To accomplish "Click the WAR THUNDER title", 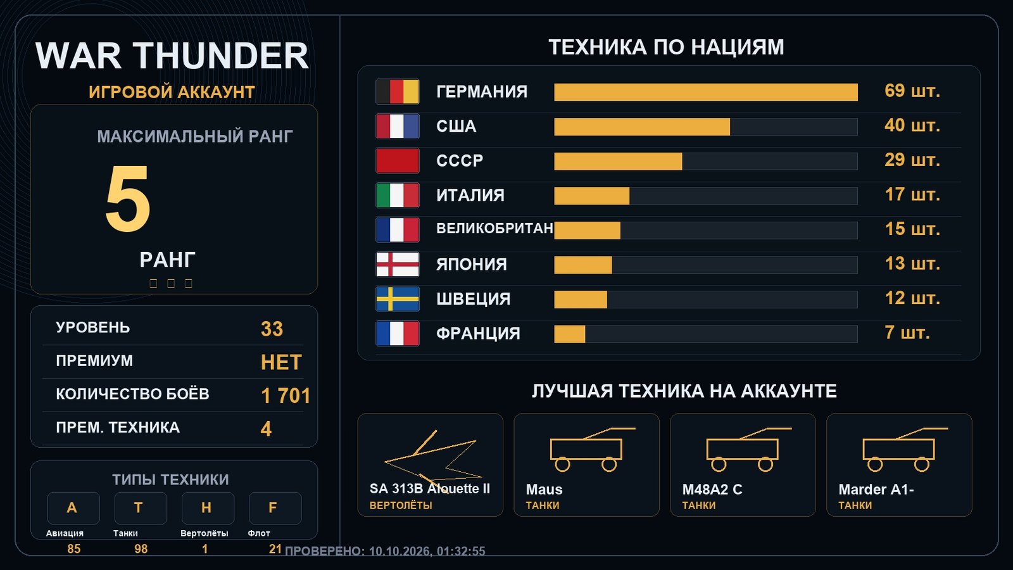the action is (x=172, y=56).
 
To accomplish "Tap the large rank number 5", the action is (x=127, y=198).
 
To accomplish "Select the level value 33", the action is (x=272, y=329).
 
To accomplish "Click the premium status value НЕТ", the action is (x=281, y=362).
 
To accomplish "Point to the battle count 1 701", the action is (x=286, y=395).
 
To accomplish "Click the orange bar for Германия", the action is (x=706, y=92).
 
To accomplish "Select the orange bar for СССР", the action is (x=618, y=161).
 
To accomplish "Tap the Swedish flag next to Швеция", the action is (x=398, y=299).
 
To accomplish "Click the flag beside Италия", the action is (x=398, y=196).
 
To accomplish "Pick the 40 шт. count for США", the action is (x=912, y=125).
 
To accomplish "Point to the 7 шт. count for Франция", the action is (x=907, y=332).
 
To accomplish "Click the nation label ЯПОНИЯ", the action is (x=471, y=264).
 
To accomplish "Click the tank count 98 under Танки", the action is (x=141, y=548).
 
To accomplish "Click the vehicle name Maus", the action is (x=544, y=490).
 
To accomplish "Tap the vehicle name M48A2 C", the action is (x=712, y=490).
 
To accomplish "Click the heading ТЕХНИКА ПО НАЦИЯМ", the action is (x=666, y=47).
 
